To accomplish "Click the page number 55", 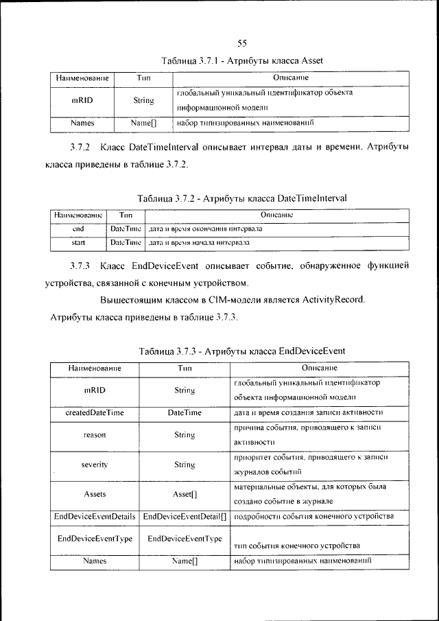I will (242, 44).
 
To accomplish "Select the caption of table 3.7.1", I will (241, 61).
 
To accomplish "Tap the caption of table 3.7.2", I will (242, 198).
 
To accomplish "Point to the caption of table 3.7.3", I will (241, 351).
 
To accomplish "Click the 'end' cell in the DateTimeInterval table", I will (78, 228).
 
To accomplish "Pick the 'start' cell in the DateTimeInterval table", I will (78, 243).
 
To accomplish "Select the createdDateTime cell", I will (95, 412).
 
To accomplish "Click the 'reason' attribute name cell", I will (95, 434).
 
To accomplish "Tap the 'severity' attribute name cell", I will (95, 465).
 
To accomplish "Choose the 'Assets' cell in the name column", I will (95, 493).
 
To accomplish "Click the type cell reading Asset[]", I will (185, 493).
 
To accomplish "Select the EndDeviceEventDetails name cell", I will (95, 515).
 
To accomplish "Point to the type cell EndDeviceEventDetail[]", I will (185, 515).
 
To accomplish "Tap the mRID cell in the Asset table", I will (82, 100).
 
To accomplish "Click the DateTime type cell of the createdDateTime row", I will (185, 412).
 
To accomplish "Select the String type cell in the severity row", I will (185, 465).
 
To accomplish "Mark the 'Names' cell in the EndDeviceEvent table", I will (95, 561).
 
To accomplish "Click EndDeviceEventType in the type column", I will (185, 539).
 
